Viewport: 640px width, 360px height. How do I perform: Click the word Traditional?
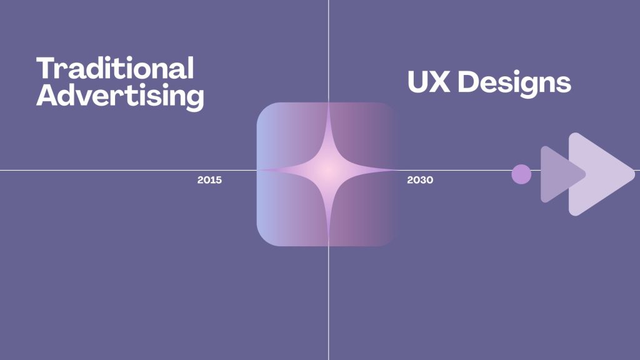(115, 68)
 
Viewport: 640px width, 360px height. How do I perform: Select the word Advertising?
(119, 96)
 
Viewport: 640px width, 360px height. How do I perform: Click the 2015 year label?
(209, 180)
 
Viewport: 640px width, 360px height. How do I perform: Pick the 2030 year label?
(420, 180)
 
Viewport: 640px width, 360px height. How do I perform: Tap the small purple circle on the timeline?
(521, 174)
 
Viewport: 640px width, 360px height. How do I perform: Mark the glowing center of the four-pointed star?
(328, 169)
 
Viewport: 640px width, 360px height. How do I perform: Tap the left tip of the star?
(259, 169)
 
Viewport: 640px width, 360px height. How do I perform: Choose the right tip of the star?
(397, 169)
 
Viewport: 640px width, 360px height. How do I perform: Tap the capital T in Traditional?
(45, 68)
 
